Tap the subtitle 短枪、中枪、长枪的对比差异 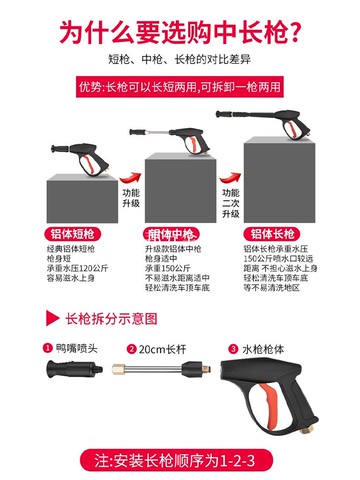tap(180, 62)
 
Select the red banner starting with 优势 tap(180, 87)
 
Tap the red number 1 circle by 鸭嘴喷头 tap(46, 349)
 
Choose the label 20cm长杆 tap(162, 349)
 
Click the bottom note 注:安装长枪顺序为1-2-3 tap(180, 462)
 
